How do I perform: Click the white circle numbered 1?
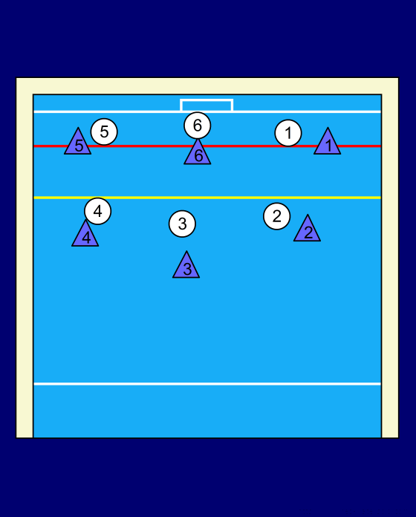click(x=288, y=133)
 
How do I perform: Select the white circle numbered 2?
click(x=277, y=216)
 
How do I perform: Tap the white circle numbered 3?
click(x=182, y=224)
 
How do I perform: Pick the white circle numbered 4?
click(x=98, y=211)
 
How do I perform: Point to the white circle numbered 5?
click(x=104, y=132)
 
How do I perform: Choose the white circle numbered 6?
click(x=198, y=126)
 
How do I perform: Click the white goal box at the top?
click(x=207, y=100)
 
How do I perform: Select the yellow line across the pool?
click(x=207, y=198)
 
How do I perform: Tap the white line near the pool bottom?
click(x=207, y=384)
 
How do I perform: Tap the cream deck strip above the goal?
click(x=207, y=86)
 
